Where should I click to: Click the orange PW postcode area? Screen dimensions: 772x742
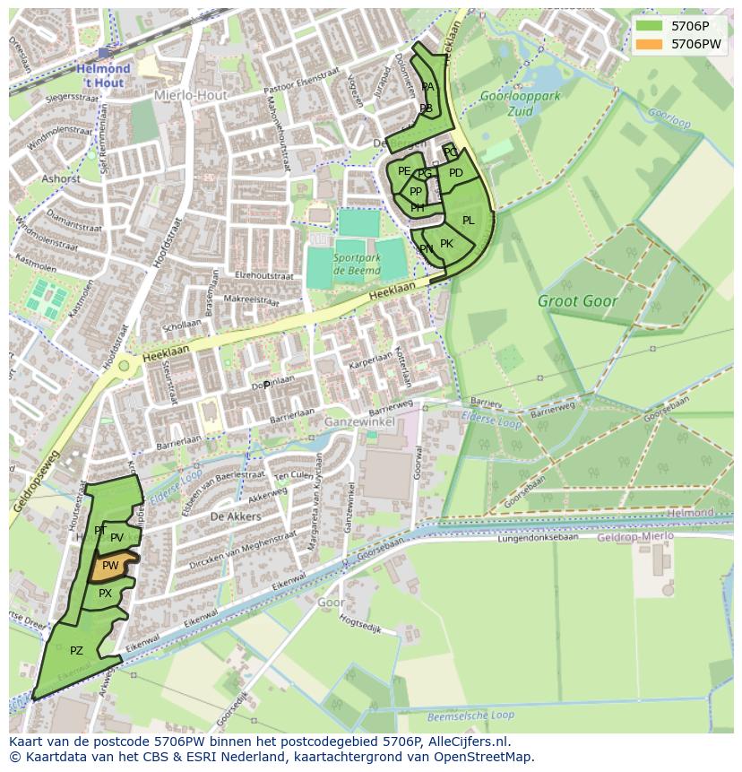pyautogui.click(x=112, y=566)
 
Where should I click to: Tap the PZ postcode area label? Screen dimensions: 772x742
pyautogui.click(x=76, y=651)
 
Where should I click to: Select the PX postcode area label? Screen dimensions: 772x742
pyautogui.click(x=105, y=594)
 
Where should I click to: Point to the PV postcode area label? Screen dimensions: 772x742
pyautogui.click(x=116, y=538)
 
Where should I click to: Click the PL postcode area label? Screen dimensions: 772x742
pyautogui.click(x=468, y=221)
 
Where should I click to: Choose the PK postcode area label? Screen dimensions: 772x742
pyautogui.click(x=446, y=244)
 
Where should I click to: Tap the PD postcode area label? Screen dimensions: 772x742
pyautogui.click(x=455, y=174)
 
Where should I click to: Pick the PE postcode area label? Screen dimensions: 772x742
pyautogui.click(x=404, y=171)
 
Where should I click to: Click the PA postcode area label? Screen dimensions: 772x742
pyautogui.click(x=427, y=87)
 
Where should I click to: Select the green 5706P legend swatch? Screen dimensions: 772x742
pyautogui.click(x=650, y=26)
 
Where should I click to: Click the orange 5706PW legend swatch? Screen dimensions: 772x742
pyautogui.click(x=650, y=44)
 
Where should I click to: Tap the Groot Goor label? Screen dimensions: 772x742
pyautogui.click(x=577, y=302)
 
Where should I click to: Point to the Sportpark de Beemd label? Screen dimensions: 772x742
pyautogui.click(x=356, y=264)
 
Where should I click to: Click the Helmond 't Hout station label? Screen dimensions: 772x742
pyautogui.click(x=103, y=74)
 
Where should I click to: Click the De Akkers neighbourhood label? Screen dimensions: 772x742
pyautogui.click(x=236, y=516)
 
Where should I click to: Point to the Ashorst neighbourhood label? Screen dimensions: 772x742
pyautogui.click(x=61, y=178)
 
